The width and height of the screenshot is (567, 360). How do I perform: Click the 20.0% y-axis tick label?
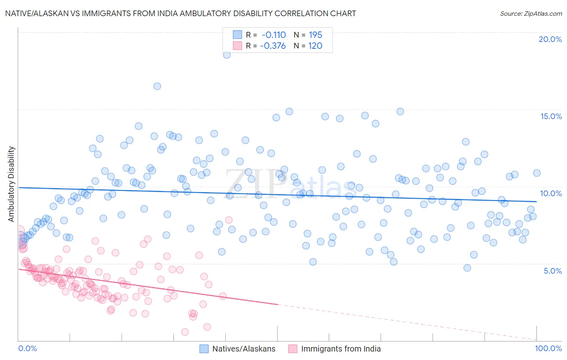[550, 39]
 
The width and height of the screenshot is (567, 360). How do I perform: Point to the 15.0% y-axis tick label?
[551, 116]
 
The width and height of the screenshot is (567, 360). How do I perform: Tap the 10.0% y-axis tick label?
[551, 193]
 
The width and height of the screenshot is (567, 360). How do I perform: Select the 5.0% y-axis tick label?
[552, 271]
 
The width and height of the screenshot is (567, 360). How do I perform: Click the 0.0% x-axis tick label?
[27, 348]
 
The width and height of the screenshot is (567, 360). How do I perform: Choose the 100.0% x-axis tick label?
[548, 348]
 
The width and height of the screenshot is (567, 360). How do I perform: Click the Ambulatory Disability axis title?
[11, 184]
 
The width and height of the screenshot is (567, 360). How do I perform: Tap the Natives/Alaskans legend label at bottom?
[244, 349]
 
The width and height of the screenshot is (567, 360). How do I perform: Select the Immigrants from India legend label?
[341, 349]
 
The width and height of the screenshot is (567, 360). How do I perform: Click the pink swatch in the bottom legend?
[292, 349]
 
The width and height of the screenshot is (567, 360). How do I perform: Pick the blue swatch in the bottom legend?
[204, 349]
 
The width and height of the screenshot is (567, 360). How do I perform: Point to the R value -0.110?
[273, 35]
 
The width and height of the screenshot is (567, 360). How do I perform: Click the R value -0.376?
[273, 46]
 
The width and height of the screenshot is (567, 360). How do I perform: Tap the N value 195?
[315, 35]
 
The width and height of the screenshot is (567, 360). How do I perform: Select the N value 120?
[315, 46]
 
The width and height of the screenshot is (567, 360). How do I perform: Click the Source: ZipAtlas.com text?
[531, 14]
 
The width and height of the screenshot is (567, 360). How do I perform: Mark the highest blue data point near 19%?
[227, 55]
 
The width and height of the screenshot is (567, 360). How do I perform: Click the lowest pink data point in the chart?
[185, 332]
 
